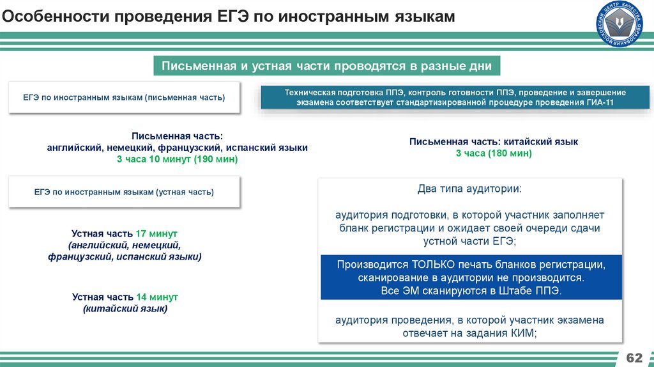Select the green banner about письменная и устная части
326,66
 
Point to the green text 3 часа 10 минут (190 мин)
177,159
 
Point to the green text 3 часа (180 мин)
494,153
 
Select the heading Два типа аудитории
469,189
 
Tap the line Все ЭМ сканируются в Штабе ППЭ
470,290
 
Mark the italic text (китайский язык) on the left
125,309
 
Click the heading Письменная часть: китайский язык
494,142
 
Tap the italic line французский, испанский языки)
125,256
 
